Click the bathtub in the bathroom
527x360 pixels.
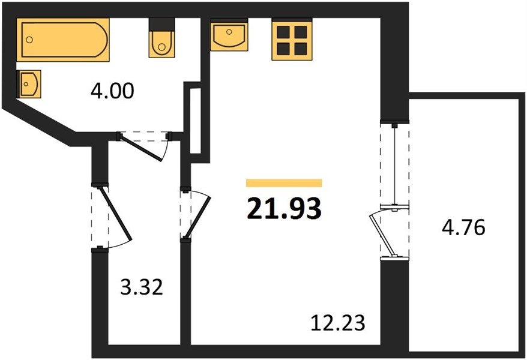click(x=63, y=40)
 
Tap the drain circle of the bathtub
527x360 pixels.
click(x=29, y=40)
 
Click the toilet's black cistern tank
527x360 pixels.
click(x=161, y=24)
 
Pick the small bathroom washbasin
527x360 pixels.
click(x=29, y=84)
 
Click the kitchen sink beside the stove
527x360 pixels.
click(x=229, y=35)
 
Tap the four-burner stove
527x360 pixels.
click(x=292, y=40)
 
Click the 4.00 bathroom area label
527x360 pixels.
click(x=112, y=91)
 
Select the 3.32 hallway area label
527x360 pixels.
click(x=142, y=288)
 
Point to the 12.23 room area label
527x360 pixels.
click(x=338, y=323)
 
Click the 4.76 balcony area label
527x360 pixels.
click(x=463, y=227)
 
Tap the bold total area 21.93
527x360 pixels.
click(x=284, y=209)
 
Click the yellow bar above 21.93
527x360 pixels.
click(x=284, y=183)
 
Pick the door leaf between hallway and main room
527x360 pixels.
click(x=198, y=217)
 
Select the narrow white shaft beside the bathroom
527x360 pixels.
click(x=195, y=121)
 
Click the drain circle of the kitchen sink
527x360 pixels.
click(x=229, y=32)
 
